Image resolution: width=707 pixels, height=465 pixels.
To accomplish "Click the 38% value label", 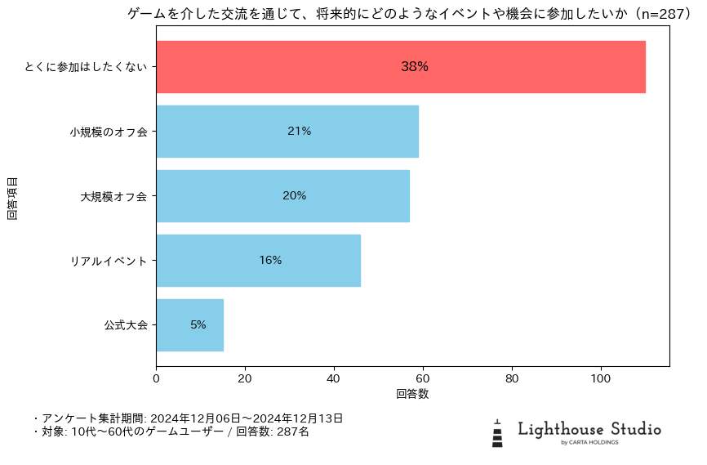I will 415,67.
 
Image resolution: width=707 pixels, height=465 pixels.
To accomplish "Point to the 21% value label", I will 299,132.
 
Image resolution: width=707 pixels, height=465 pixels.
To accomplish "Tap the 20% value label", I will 294,196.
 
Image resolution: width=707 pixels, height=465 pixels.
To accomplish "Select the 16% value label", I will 270,261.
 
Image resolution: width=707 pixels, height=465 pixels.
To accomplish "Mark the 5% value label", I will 198,325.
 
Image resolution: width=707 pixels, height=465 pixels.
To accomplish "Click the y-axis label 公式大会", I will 126,325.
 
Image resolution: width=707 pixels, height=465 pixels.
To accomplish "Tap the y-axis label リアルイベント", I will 109,261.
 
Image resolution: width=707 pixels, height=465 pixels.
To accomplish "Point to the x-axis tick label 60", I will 423,379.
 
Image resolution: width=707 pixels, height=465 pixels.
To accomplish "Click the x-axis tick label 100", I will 601,379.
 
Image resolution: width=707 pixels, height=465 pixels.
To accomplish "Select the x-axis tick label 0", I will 156,379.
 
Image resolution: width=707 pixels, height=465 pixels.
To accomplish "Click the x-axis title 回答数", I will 412,394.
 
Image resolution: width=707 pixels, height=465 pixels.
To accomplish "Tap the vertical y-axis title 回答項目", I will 12,196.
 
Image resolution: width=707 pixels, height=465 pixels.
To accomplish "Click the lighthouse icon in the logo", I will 497,434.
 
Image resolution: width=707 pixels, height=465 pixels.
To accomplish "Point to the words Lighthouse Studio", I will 589,429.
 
